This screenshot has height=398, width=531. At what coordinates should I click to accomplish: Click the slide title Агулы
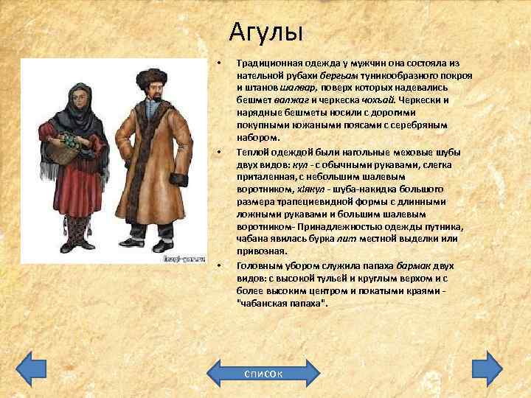coord(266,32)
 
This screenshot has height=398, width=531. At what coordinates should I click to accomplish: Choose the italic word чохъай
coord(375,99)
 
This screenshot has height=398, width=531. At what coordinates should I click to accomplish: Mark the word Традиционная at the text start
coord(270,65)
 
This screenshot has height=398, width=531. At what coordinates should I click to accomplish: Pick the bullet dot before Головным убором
coord(219,265)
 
